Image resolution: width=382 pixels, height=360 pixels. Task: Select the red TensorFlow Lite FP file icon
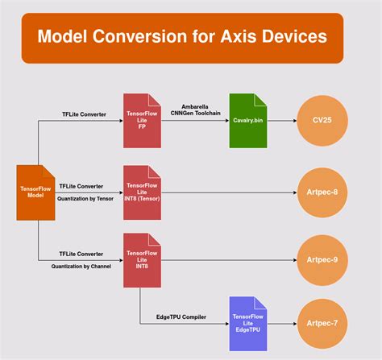[x=143, y=120]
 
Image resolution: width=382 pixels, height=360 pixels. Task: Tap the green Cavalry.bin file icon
[x=247, y=120]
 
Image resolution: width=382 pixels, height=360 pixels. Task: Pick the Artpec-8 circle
[x=325, y=192]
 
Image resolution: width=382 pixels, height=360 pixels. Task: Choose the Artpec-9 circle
[x=325, y=260]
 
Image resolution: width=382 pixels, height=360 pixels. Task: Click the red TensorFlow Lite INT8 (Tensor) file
[x=143, y=192]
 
